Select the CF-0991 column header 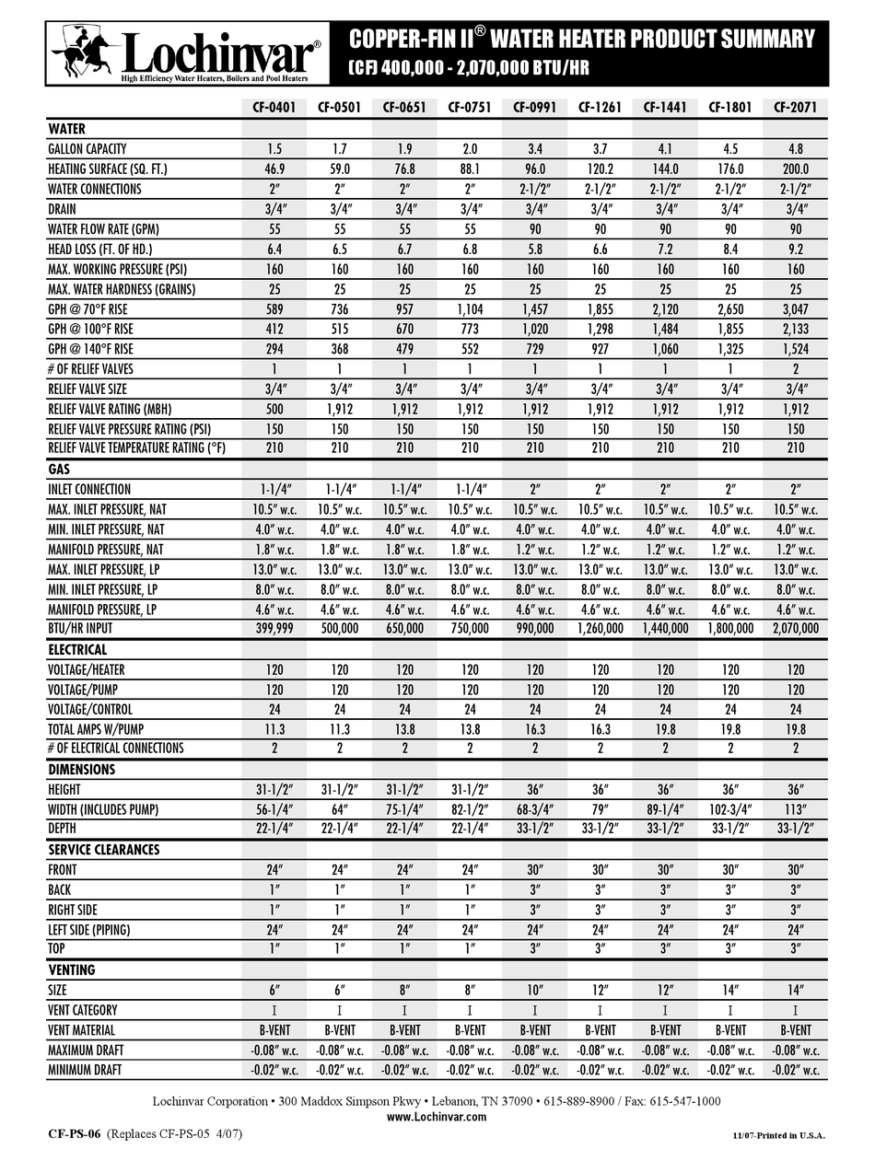[x=534, y=107]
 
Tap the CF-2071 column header [x=795, y=107]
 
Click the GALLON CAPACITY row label [x=87, y=149]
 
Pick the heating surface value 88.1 [x=470, y=169]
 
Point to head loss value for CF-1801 [x=730, y=250]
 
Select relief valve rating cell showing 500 [x=274, y=409]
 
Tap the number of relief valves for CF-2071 [x=795, y=369]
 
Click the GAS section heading [x=60, y=470]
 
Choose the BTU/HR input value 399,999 [x=274, y=629]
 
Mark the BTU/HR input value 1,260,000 [x=600, y=629]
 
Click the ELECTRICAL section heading [x=77, y=650]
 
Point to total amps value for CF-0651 [x=404, y=729]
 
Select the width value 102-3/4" [x=730, y=809]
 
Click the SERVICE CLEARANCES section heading [x=103, y=850]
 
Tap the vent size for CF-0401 [x=274, y=990]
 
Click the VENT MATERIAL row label [x=82, y=1030]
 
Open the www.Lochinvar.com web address [x=436, y=1117]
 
